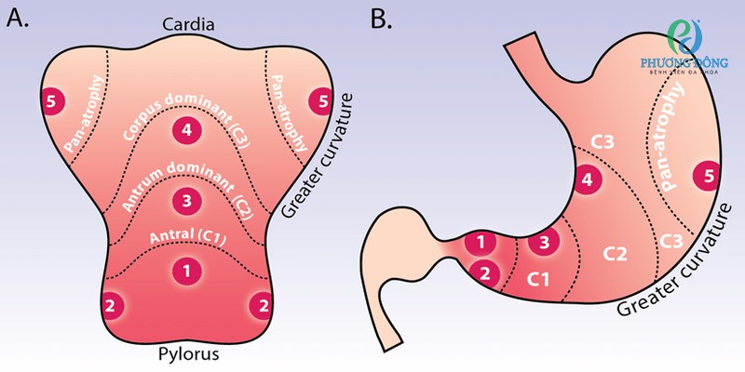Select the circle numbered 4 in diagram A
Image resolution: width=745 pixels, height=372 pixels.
pyautogui.click(x=187, y=131)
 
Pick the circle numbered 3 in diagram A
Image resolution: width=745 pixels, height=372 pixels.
pyautogui.click(x=187, y=200)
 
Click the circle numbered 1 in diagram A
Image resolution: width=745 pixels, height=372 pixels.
pyautogui.click(x=187, y=271)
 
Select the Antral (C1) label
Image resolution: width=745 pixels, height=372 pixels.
pyautogui.click(x=187, y=243)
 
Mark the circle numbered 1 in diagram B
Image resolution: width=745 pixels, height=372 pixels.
pyautogui.click(x=481, y=244)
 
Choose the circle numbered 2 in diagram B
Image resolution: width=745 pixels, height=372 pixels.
pyautogui.click(x=485, y=272)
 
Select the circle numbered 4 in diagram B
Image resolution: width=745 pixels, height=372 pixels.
pyautogui.click(x=587, y=179)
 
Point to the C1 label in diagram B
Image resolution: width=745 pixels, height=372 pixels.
pyautogui.click(x=541, y=278)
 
